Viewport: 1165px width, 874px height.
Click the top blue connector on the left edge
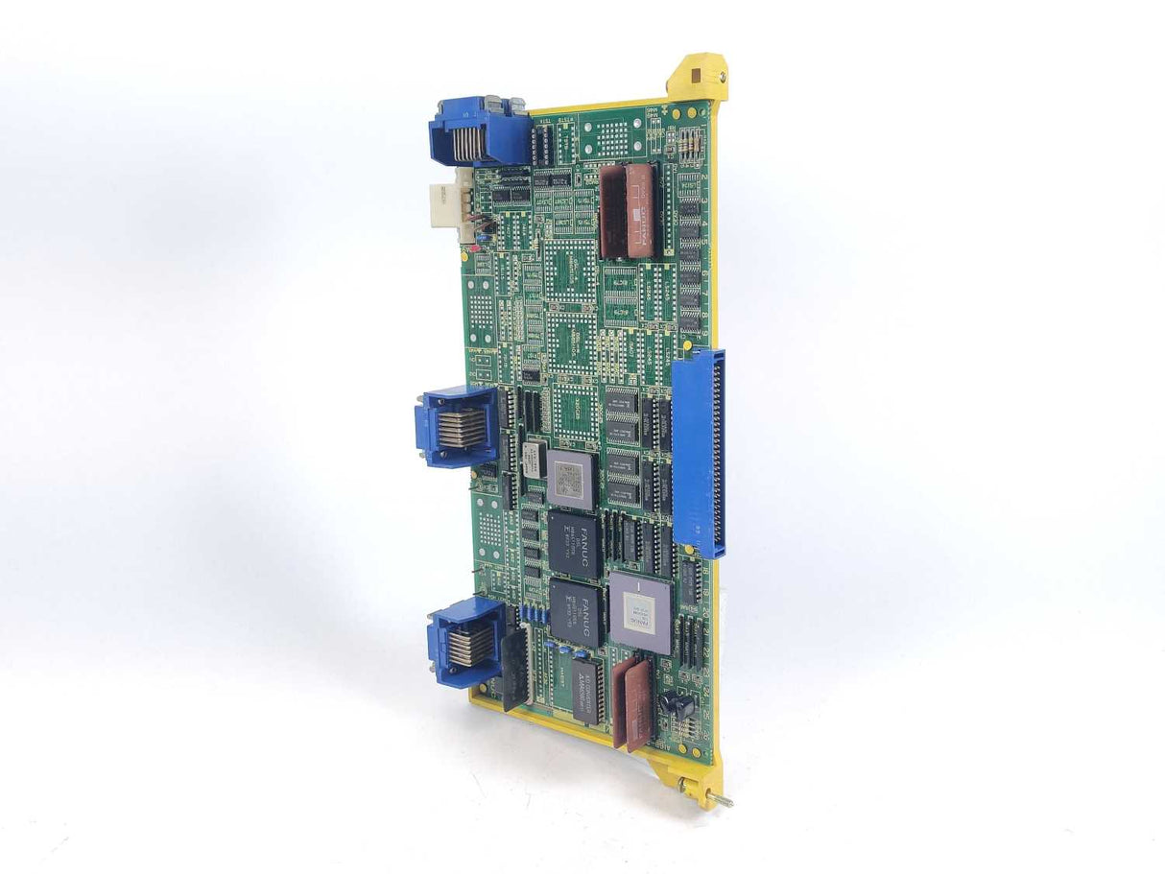point(477,131)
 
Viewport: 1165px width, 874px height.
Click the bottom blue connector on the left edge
point(464,640)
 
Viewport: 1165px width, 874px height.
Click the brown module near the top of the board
point(627,211)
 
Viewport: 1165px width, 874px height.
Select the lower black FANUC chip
point(576,611)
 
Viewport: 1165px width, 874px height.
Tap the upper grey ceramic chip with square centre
point(571,477)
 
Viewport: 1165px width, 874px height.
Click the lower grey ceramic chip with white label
point(640,612)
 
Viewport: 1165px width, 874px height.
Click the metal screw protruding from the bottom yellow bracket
point(721,797)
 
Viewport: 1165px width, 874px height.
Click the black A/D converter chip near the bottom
point(588,688)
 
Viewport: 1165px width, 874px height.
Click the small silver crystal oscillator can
point(530,460)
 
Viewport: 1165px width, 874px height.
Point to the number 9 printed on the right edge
point(705,332)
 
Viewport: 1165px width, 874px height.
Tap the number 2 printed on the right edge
point(703,178)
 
